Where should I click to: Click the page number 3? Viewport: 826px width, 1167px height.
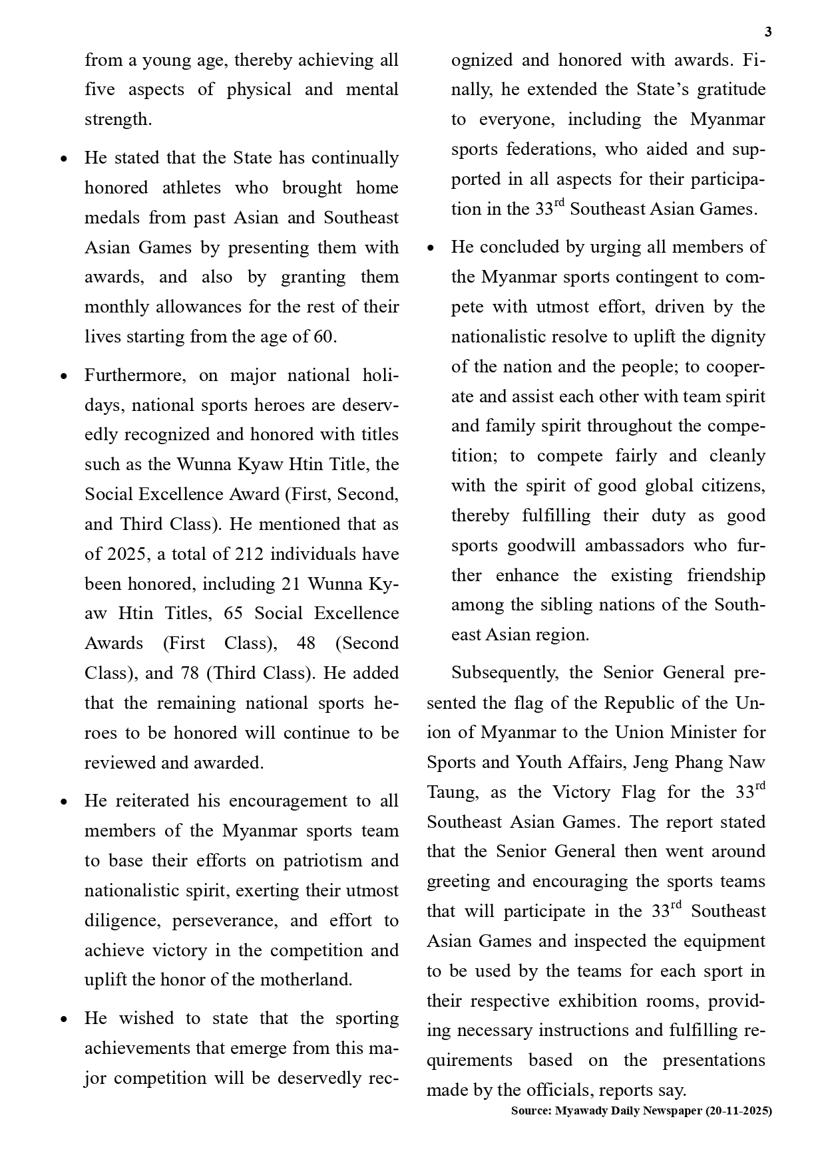pos(768,32)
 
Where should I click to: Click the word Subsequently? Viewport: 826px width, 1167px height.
pos(505,673)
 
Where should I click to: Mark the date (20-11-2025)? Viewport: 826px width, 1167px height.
pos(739,1110)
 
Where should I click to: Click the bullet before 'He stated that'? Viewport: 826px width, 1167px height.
pos(64,159)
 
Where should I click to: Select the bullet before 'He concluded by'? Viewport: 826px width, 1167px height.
pos(431,248)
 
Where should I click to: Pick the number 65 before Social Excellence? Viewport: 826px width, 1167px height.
pos(233,613)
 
